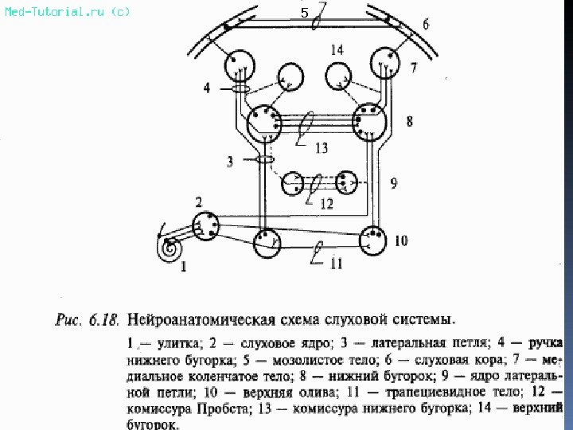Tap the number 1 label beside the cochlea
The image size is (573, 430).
point(184,268)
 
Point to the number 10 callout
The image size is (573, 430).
point(401,240)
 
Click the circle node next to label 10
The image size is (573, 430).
point(372,240)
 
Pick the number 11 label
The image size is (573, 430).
point(337,264)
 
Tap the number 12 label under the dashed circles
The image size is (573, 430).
point(326,204)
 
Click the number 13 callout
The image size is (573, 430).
point(321,148)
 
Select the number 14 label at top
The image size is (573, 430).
point(337,50)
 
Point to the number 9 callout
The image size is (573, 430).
point(394,182)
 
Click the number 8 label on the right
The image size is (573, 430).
point(409,122)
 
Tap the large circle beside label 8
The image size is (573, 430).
point(369,121)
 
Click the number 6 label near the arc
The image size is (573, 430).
point(425,25)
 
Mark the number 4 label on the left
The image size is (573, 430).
point(207,88)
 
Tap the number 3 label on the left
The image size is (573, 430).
point(229,162)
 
